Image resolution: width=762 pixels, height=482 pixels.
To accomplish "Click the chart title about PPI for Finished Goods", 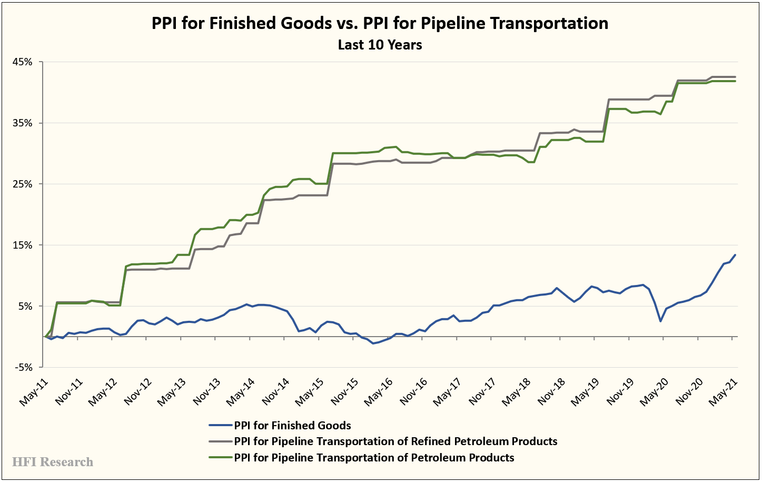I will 380,23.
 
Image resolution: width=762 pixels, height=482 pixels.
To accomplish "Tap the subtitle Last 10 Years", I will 380,45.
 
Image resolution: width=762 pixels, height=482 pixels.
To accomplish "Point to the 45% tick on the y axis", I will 22,62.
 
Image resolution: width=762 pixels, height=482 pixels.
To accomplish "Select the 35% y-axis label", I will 22,123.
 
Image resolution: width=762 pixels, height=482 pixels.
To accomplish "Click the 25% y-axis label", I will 22,184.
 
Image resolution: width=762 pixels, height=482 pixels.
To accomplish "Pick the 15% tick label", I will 22,245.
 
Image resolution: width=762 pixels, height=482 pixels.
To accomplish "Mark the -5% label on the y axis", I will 23,368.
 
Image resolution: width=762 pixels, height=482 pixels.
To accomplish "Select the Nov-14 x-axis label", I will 275,391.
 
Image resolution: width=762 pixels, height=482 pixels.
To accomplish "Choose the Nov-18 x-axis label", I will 551,391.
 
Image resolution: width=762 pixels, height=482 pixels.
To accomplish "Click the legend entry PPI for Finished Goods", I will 292,426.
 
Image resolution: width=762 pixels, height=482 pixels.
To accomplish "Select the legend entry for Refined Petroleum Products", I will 395,441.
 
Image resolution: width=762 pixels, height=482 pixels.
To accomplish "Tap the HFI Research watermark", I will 53,462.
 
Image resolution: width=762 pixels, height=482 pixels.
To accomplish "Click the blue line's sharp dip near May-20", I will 660,321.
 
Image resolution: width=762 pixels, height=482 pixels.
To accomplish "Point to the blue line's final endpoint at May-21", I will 735,255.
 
